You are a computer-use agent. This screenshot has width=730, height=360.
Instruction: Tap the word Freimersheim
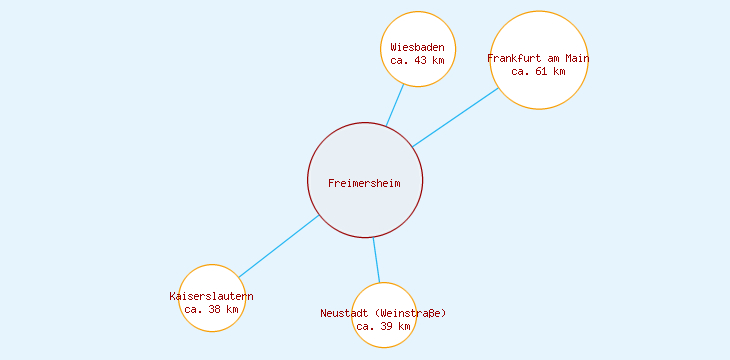coord(364,183)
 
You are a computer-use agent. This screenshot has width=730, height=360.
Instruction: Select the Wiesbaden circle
coord(418,30)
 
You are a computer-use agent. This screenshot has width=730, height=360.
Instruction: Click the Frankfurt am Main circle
coord(539,90)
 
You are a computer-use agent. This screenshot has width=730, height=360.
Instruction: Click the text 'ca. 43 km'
coord(418,61)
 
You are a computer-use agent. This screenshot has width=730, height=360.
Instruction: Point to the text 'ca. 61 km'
coord(539,71)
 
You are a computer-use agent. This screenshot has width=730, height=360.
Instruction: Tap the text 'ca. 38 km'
coord(212,309)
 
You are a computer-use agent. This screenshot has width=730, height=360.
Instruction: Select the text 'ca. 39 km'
coord(384,326)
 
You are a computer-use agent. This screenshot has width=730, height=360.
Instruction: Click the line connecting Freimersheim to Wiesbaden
coord(395,105)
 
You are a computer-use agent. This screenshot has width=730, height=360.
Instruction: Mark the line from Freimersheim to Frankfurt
coord(455,118)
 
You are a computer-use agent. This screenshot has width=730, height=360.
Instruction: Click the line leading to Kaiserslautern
coord(278,247)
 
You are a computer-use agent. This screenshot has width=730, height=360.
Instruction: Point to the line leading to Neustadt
coord(377,260)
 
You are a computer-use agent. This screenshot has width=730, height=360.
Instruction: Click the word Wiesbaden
coord(418,48)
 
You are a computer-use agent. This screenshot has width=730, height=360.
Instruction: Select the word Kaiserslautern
coord(212,297)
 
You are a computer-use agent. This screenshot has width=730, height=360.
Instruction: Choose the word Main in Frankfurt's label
coord(577,58)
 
